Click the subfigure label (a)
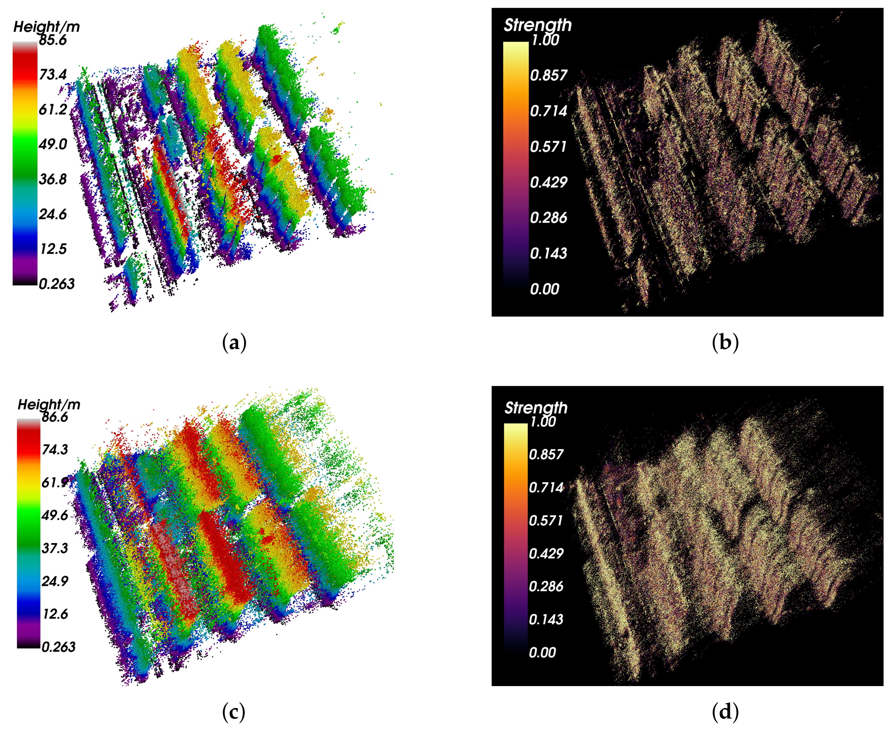pyautogui.click(x=234, y=342)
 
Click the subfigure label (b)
pyautogui.click(x=725, y=342)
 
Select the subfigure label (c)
pyautogui.click(x=234, y=712)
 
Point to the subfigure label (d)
pyautogui.click(x=725, y=712)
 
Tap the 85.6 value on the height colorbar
pyautogui.click(x=53, y=40)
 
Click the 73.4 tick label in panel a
pyautogui.click(x=53, y=75)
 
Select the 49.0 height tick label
pyautogui.click(x=53, y=144)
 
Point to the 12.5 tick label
pyautogui.click(x=53, y=249)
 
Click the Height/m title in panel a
pyautogui.click(x=46, y=27)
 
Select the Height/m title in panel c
pyautogui.click(x=49, y=404)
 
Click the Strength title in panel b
pyautogui.click(x=537, y=25)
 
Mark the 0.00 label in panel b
pyautogui.click(x=544, y=289)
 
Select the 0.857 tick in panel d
pyautogui.click(x=546, y=454)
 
